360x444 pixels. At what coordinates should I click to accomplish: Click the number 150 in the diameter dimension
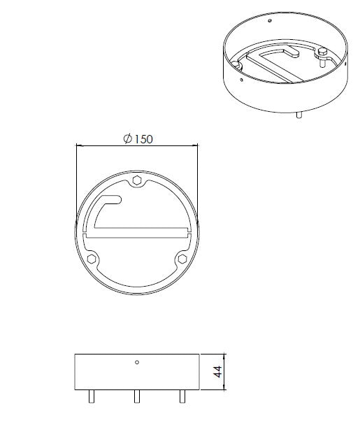coord(142,138)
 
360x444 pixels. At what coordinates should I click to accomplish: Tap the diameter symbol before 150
coord(127,139)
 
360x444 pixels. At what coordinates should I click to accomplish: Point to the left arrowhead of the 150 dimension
coord(78,145)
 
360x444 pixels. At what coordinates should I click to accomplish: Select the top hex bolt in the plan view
coord(137,181)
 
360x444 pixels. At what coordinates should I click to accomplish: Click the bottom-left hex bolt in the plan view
coord(92,259)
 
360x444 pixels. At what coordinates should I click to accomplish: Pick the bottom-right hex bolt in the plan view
coord(182,259)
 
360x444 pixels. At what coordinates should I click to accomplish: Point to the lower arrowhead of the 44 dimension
coord(224,387)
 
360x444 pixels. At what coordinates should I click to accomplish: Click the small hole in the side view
coord(137,362)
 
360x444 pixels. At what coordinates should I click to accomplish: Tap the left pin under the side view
coord(92,396)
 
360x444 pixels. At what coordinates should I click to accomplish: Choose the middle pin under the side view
coord(137,396)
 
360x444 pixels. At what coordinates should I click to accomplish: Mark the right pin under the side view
coord(182,396)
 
